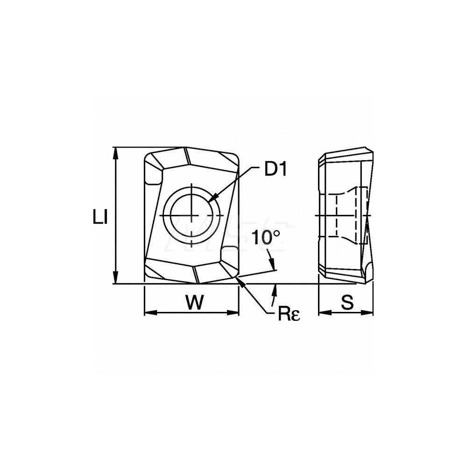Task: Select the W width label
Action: [x=195, y=302]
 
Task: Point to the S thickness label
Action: [x=347, y=302]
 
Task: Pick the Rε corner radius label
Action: [x=289, y=314]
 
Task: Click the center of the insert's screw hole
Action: [x=192, y=215]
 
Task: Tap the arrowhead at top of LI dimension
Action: [x=116, y=153]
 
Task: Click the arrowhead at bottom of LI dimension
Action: [x=116, y=278]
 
